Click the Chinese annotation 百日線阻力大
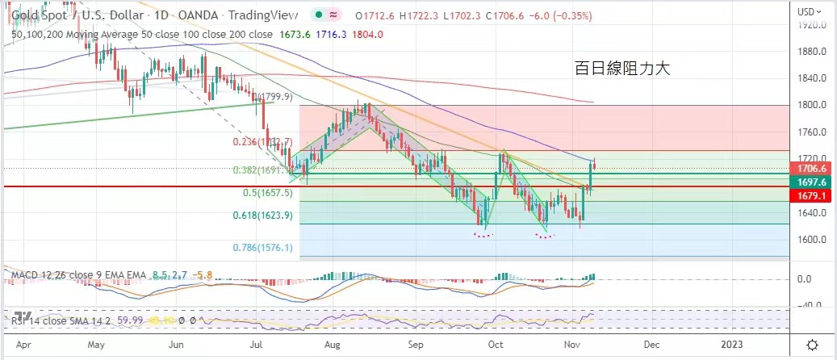(623, 69)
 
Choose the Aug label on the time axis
(332, 344)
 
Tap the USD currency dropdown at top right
(810, 11)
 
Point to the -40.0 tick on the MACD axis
(809, 305)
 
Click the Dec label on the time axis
(651, 344)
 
